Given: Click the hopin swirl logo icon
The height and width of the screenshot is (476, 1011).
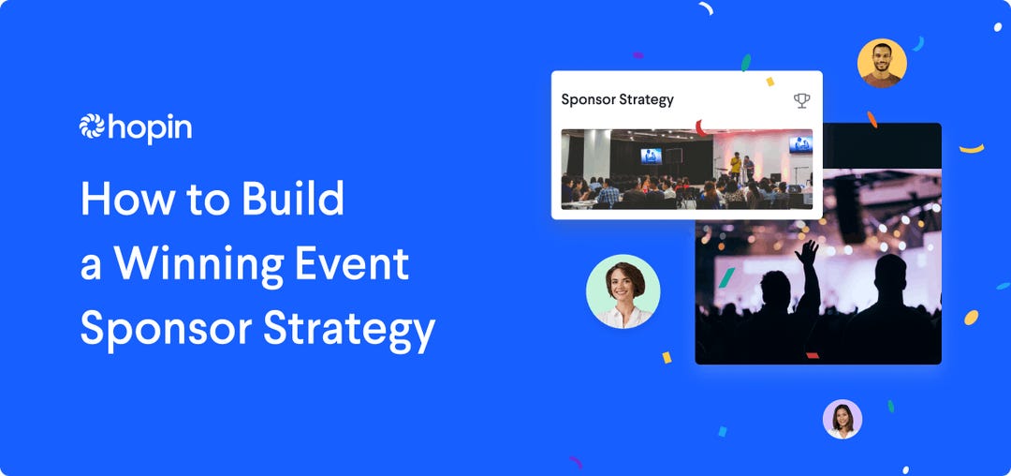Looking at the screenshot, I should click(93, 127).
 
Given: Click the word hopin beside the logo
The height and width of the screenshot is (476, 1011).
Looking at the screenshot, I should click(150, 129).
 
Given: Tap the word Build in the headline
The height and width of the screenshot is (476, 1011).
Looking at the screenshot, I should click(293, 200).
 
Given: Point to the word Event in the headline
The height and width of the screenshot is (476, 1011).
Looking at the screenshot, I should click(357, 264).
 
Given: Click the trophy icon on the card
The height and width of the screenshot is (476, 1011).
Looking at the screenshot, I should click(801, 99).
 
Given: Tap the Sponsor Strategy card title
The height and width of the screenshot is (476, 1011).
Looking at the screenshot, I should click(617, 99).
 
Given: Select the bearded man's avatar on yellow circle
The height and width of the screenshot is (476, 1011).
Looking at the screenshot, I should click(882, 63).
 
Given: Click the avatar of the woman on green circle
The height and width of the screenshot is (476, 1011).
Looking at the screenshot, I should click(623, 291).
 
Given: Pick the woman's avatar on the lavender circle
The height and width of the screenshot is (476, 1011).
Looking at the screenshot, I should click(842, 419).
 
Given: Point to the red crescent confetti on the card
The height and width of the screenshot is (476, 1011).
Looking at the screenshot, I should click(700, 127).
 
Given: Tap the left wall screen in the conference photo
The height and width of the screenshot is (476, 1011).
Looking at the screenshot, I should click(651, 156).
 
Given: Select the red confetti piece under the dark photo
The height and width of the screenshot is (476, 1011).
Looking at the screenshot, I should click(813, 355).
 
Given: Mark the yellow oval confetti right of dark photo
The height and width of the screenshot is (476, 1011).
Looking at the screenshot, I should click(971, 318).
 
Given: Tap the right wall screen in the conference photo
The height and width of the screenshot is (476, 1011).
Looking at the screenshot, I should click(800, 144).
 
